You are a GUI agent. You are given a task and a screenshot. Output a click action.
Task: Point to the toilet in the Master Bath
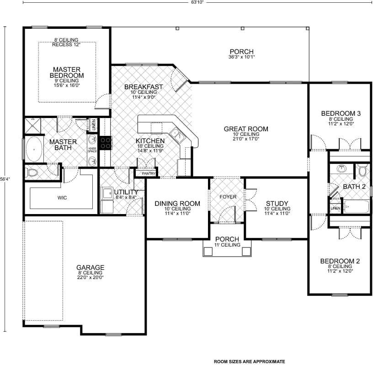tap(32, 172)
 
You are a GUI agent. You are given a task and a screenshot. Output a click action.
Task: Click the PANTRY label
tap(149, 174)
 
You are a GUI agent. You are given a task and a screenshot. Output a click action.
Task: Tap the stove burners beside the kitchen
tap(106, 143)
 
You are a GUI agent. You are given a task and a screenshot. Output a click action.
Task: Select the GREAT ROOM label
tap(246, 129)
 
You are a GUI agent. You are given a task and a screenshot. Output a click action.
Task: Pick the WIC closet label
tap(62, 198)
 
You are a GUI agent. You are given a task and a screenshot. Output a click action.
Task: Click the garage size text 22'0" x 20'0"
tap(90, 277)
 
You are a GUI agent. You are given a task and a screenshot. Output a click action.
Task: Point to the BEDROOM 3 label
tap(341, 113)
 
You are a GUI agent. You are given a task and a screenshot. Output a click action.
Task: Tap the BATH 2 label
tap(354, 187)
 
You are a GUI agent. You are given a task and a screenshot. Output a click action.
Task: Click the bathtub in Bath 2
tap(356, 207)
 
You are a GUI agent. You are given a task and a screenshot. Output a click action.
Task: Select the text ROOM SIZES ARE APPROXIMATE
tap(249, 361)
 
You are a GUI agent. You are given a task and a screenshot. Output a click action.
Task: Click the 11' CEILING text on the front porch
tap(227, 245)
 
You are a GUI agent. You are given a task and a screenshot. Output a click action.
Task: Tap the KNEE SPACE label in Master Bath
tap(92, 150)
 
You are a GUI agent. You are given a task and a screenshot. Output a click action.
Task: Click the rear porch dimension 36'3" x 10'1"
tap(241, 57)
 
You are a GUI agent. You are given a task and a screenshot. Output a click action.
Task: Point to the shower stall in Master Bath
tap(33, 125)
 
